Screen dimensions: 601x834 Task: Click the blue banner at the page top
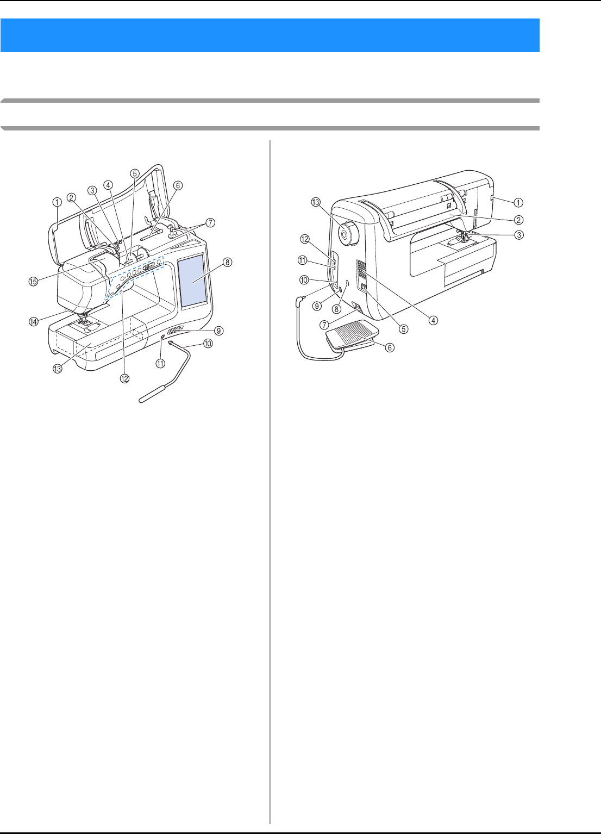(270, 35)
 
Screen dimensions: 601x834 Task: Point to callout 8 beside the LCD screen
(227, 262)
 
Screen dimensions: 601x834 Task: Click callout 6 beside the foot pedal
(389, 347)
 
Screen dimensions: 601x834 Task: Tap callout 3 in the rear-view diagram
(520, 235)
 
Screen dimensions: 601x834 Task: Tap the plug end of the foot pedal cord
(298, 300)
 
